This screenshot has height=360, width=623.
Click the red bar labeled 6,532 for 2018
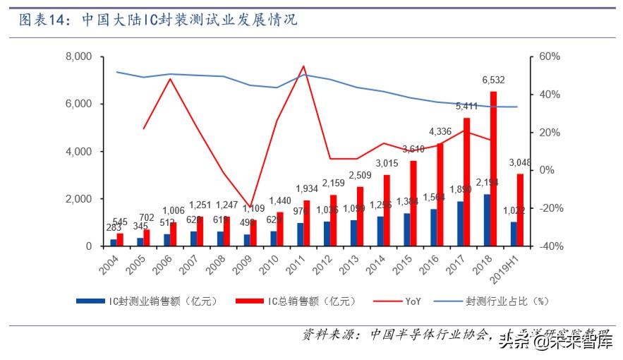[x=494, y=169]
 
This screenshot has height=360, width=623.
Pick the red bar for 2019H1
[x=520, y=210]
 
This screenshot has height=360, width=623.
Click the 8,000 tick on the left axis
[x=78, y=56]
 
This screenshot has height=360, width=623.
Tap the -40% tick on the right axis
[x=551, y=246]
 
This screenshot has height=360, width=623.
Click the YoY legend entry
[x=413, y=301]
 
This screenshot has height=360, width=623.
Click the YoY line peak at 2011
[x=303, y=66]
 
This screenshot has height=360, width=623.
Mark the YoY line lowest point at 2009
[x=250, y=206]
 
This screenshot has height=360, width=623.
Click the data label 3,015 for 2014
[x=387, y=164]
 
